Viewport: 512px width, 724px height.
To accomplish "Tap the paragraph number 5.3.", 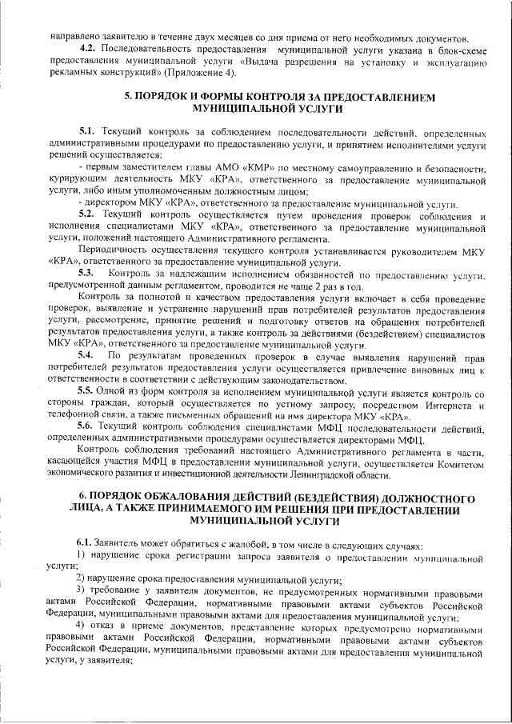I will [87, 274].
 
